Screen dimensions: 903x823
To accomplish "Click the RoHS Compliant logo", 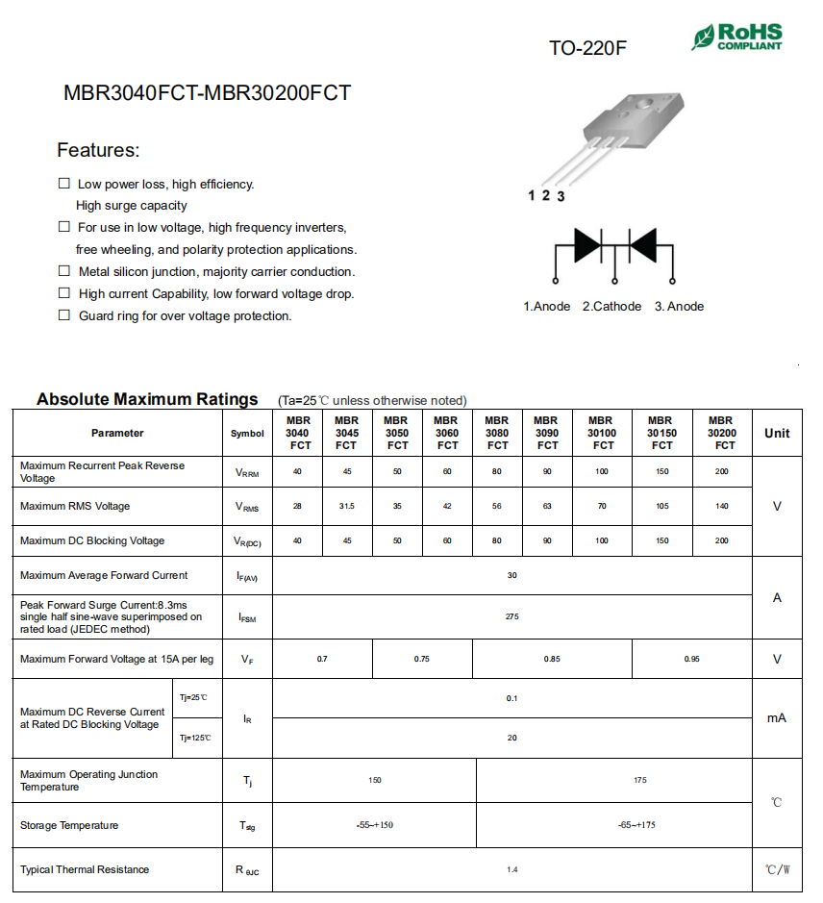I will [x=736, y=38].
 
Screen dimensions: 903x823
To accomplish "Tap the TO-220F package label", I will [x=587, y=47].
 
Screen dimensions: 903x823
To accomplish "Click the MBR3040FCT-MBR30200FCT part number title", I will [x=208, y=93].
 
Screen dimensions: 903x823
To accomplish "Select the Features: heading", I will [x=98, y=150].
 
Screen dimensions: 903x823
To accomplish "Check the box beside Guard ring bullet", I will [x=64, y=315].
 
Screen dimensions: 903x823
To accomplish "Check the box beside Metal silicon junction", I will [x=64, y=271].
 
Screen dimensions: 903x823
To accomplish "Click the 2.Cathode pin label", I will [x=611, y=306].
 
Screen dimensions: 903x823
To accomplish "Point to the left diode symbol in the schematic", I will [x=586, y=244].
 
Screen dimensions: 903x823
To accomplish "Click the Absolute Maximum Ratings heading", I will [x=147, y=399].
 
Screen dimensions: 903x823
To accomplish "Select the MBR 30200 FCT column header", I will [x=721, y=433].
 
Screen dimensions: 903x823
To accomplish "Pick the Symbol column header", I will [x=247, y=433].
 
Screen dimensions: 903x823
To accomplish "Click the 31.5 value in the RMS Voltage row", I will [x=347, y=506].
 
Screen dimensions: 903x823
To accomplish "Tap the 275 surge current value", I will [x=511, y=616].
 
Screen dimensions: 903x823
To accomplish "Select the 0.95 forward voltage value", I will [x=691, y=659].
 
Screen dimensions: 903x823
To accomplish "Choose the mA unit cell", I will [x=777, y=717].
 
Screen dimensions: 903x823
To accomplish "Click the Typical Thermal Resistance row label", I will [x=85, y=869].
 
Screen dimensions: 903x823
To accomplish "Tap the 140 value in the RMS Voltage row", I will [x=721, y=506].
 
